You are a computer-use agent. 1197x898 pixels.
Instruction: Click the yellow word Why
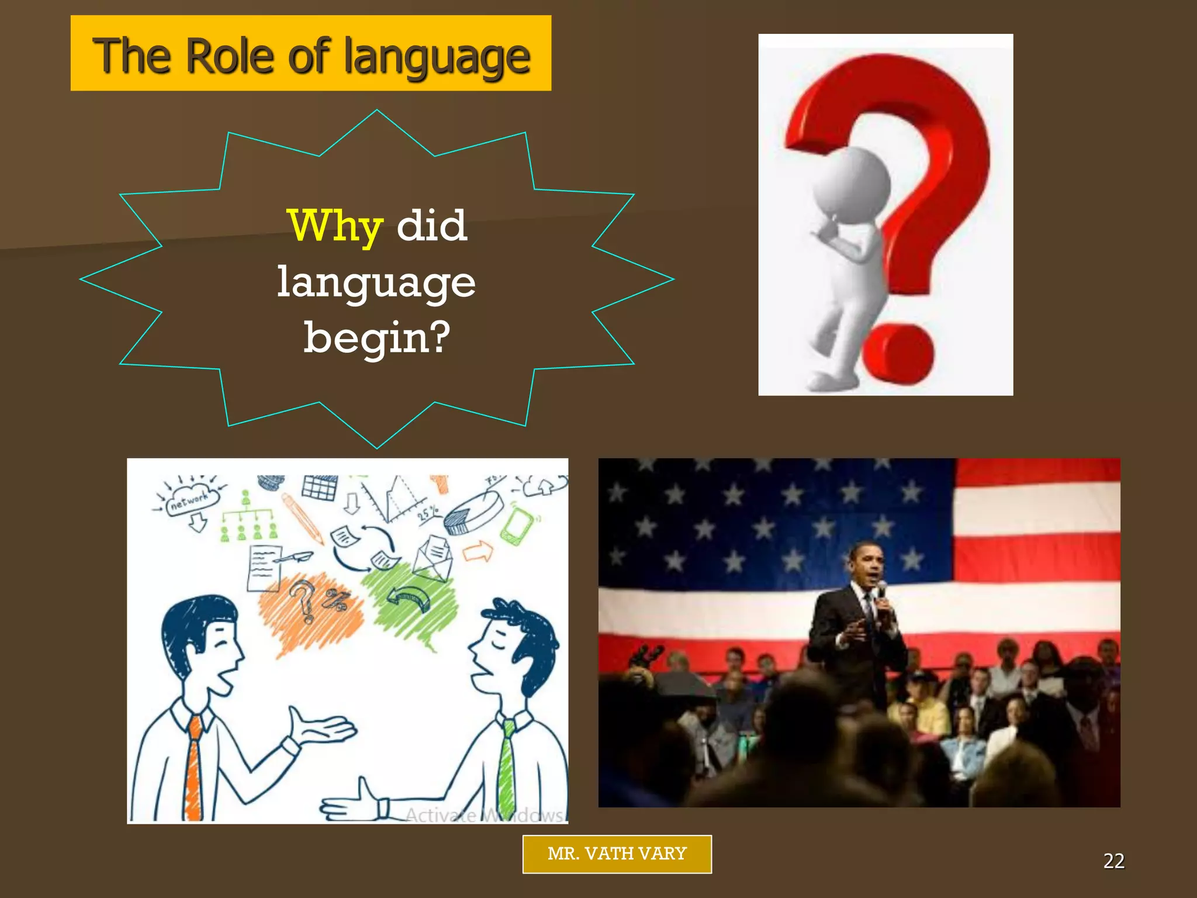point(335,226)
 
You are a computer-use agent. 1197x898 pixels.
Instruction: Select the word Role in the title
point(231,56)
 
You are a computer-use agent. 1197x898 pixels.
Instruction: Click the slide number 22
point(1113,861)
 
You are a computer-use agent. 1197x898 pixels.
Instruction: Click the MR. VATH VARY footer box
point(617,854)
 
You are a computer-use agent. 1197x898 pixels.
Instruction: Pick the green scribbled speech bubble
point(412,602)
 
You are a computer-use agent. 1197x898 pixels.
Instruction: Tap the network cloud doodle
point(190,500)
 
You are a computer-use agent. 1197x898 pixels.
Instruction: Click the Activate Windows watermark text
point(485,814)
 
